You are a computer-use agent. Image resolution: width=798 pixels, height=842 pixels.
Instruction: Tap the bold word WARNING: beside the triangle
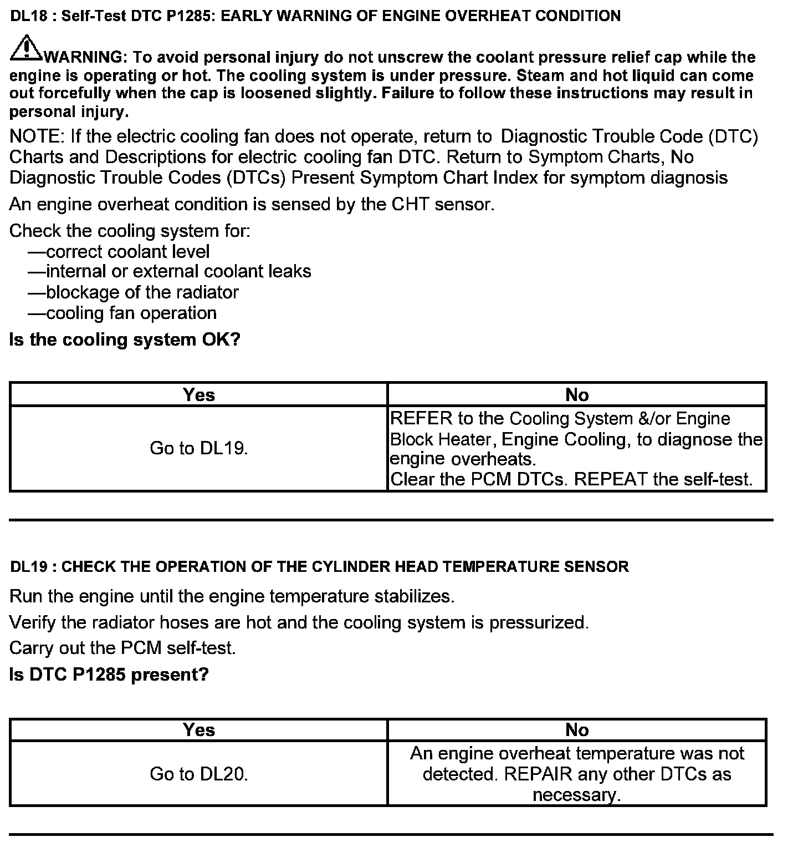coord(85,57)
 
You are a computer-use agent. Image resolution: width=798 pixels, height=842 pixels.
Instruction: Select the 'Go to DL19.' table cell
coord(198,448)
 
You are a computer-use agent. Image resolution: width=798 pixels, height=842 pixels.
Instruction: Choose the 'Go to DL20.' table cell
coord(198,774)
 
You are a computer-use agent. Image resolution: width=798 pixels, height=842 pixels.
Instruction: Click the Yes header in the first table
coord(198,394)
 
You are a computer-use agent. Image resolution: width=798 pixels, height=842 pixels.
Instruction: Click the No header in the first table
coord(576,394)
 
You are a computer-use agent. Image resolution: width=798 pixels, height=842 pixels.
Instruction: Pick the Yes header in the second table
coord(198,729)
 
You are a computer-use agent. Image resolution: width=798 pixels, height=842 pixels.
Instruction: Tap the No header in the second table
coord(576,729)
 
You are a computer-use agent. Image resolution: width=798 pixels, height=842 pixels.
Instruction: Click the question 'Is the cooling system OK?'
coord(125,339)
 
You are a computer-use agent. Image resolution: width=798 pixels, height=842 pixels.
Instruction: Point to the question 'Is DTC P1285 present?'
coord(109,674)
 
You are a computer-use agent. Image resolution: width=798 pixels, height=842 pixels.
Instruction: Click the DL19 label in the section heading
coord(29,567)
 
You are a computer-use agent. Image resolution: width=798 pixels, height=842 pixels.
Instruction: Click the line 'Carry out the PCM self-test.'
coord(122,648)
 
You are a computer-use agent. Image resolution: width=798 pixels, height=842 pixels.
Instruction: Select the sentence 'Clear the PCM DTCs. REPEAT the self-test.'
coord(571,479)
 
